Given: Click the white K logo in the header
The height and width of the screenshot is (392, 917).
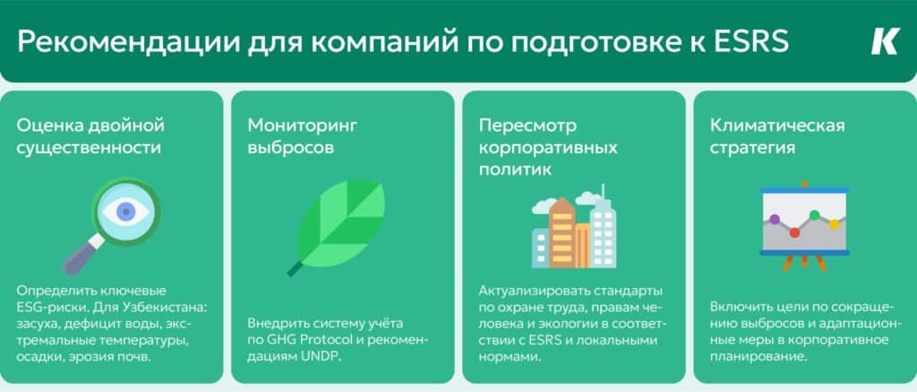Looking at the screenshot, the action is point(884,42).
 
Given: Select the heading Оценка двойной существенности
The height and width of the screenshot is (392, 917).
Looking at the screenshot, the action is point(90,137).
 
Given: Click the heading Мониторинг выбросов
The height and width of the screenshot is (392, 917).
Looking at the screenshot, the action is point(303,137).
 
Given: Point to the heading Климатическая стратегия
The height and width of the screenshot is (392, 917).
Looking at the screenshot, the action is point(778,137).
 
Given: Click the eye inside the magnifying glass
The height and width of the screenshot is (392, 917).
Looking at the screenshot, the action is point(125,211).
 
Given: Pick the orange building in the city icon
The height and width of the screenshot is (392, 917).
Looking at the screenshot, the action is point(562,233).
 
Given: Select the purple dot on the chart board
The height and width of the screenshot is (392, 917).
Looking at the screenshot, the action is point(775,219).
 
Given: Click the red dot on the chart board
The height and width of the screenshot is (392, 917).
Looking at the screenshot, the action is point(794,233).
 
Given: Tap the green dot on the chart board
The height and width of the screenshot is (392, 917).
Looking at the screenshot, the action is point(814,215).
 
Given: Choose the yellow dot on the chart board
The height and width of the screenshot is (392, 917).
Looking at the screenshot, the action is point(834,225).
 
